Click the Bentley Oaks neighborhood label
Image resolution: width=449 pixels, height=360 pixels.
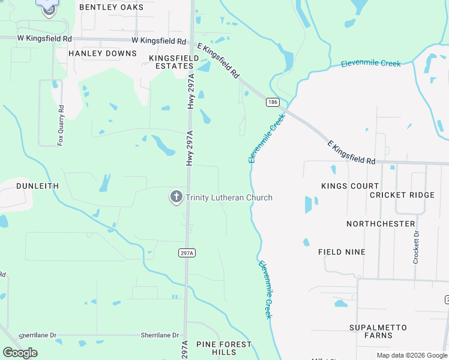point(112,7)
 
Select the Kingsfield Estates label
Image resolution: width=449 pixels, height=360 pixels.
point(174,62)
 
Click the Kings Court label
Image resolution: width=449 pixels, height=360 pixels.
point(350,186)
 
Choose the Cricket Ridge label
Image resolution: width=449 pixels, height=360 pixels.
point(402,195)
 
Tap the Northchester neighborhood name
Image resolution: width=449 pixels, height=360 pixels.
point(381,224)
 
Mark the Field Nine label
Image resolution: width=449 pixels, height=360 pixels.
point(342,252)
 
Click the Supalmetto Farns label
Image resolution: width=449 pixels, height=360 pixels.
point(378,332)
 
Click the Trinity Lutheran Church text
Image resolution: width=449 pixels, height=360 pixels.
point(229,197)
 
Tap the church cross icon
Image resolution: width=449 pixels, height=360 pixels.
point(176,197)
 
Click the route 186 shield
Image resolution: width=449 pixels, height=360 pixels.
point(273,103)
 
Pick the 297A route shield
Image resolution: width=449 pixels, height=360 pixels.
point(187,253)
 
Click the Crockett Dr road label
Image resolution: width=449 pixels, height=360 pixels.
point(415,248)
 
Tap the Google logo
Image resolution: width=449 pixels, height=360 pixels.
point(20,353)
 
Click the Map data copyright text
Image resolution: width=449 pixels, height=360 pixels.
point(411,355)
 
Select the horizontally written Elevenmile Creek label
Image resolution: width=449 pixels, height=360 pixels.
point(370,63)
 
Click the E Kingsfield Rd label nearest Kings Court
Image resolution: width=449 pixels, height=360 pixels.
point(351,153)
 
